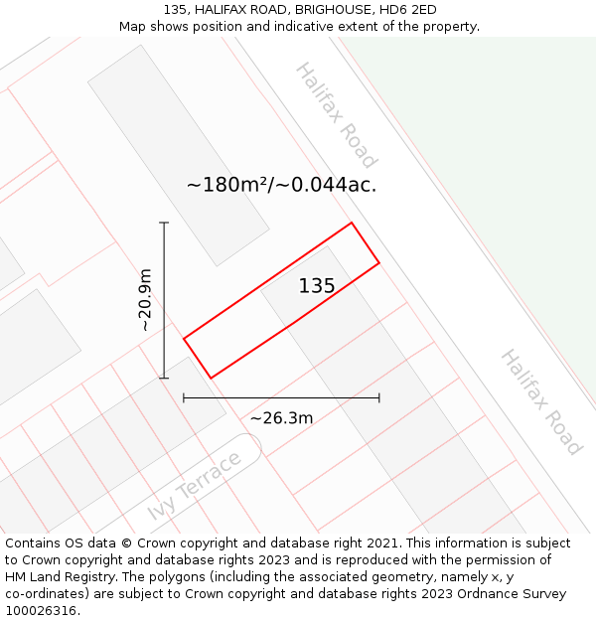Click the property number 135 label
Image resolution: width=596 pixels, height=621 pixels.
[x=317, y=286]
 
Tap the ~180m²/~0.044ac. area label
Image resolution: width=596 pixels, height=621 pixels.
[x=281, y=185]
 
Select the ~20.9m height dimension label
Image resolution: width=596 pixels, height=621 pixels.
[x=145, y=299]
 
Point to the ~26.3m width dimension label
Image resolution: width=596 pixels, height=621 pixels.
[x=281, y=418]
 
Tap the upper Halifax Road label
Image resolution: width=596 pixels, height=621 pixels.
[x=336, y=115]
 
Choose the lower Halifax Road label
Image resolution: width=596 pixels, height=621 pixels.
[x=539, y=401]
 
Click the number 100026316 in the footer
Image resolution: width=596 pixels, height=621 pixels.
[x=42, y=611]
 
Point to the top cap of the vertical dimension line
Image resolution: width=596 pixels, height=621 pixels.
[x=164, y=224]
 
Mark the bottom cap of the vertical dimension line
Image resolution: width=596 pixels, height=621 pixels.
[x=164, y=378]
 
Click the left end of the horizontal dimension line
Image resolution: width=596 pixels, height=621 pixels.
[x=184, y=397]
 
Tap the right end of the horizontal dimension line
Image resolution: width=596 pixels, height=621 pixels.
[x=379, y=397]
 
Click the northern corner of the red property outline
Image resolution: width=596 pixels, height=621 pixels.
[x=352, y=223]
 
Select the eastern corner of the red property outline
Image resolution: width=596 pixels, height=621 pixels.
[x=379, y=263]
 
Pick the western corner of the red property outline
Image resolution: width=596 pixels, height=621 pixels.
[x=184, y=339]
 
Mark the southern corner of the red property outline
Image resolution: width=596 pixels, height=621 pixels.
[x=211, y=378]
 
